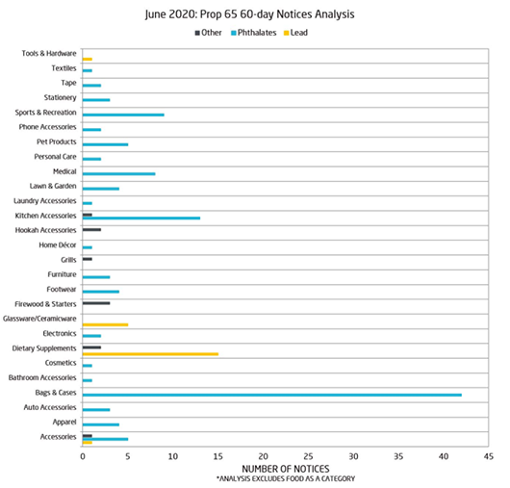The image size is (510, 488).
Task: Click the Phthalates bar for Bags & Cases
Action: [272, 395]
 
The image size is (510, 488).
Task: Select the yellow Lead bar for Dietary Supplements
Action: [150, 354]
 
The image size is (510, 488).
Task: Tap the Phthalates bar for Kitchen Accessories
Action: [141, 218]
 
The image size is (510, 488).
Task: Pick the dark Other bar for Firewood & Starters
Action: [96, 303]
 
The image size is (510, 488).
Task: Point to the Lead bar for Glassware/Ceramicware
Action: [106, 324]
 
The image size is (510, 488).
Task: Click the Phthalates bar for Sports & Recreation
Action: [123, 115]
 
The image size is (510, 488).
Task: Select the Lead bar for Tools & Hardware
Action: [88, 60]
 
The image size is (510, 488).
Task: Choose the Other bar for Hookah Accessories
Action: [91, 230]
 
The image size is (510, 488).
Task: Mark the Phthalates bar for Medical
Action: [118, 173]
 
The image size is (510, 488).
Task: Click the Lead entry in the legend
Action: [295, 33]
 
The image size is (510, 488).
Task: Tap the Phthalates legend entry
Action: [254, 33]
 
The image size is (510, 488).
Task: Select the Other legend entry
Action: [208, 33]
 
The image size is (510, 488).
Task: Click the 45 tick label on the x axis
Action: [489, 456]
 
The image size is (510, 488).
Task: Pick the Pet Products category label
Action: [56, 141]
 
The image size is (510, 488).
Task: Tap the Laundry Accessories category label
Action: [45, 201]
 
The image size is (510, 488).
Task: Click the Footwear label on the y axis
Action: [62, 289]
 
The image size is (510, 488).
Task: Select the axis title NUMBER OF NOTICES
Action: [286, 469]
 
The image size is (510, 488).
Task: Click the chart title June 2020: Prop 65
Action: [191, 14]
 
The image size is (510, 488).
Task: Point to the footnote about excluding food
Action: [286, 479]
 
